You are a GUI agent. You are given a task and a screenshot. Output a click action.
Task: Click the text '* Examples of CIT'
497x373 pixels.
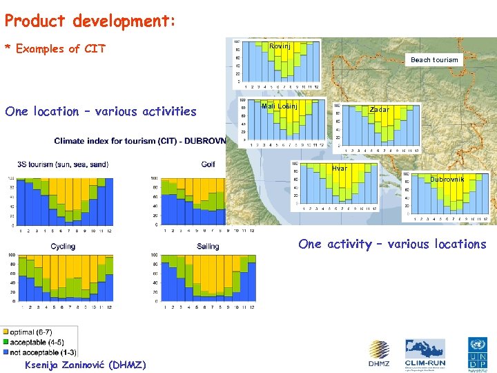tap(55, 48)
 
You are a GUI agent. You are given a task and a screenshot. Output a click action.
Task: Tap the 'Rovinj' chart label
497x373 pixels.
tap(280, 46)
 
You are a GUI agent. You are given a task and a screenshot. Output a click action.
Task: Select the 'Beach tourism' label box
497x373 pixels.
tap(434, 59)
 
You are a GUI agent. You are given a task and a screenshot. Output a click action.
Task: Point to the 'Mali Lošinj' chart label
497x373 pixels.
tap(280, 106)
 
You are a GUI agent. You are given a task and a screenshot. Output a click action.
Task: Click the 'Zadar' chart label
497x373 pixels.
tap(379, 110)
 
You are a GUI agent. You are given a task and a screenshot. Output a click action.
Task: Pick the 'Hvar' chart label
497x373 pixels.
tap(339, 169)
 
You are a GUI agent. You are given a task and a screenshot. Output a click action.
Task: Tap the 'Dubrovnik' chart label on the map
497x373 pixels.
tap(447, 180)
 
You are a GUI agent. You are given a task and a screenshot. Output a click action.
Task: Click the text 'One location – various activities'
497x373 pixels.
tap(101, 111)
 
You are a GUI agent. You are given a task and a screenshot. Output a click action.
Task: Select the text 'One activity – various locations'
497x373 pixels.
tap(392, 244)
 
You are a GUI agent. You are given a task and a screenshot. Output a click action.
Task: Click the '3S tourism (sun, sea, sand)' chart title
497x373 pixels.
tap(63, 164)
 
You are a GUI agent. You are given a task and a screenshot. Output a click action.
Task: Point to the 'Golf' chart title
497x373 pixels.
tap(208, 164)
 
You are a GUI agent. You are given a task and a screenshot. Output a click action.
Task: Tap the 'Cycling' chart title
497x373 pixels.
tap(63, 247)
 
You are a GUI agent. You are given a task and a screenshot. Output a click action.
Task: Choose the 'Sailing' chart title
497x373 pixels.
tap(208, 247)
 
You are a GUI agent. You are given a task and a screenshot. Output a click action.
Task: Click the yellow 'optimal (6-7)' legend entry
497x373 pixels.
tap(30, 332)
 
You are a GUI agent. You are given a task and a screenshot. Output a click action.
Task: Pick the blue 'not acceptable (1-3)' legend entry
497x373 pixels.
tap(41, 352)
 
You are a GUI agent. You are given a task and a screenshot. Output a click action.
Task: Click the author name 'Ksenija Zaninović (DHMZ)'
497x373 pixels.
tap(85, 365)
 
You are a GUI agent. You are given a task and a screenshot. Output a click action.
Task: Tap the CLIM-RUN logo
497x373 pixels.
tap(425, 353)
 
